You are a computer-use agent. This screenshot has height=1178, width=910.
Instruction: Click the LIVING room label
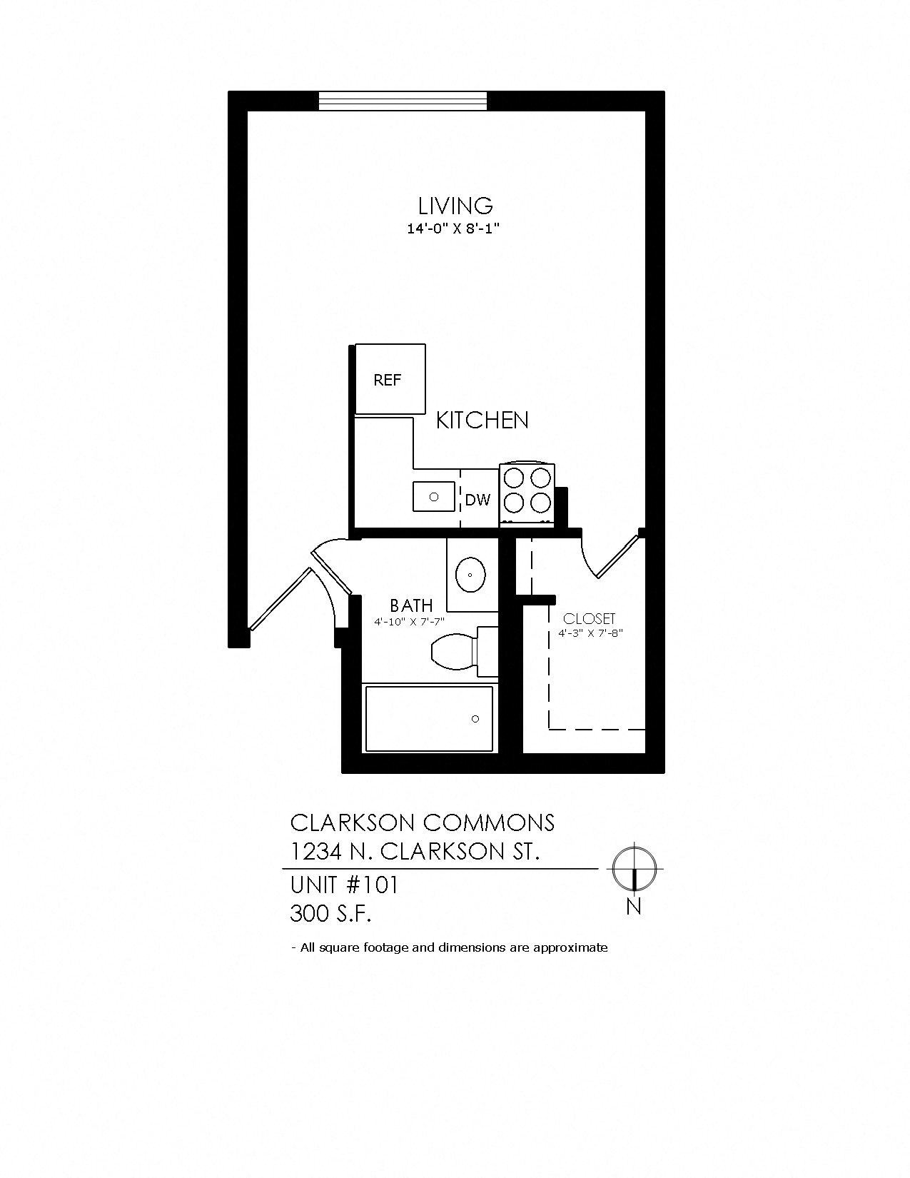click(x=455, y=206)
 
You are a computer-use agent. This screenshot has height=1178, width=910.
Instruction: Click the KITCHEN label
click(x=482, y=421)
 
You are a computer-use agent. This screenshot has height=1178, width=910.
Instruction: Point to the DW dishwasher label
click(x=477, y=500)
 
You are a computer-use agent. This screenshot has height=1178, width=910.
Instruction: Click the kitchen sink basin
click(x=433, y=496)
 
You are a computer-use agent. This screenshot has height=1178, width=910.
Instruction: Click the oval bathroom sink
click(x=471, y=573)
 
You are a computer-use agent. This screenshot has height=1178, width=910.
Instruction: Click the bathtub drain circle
click(x=475, y=719)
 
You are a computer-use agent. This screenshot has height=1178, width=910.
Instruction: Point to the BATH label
click(x=411, y=606)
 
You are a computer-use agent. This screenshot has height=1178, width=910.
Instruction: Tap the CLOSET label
click(x=589, y=619)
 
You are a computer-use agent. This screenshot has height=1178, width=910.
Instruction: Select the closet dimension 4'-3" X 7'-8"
click(x=591, y=633)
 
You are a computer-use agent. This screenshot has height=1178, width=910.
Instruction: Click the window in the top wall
click(x=403, y=101)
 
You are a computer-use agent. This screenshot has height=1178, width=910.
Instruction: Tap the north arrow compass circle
click(x=634, y=869)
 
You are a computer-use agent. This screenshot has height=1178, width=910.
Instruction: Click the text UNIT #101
click(x=343, y=885)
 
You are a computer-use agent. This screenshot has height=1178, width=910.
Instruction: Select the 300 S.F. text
click(x=330, y=913)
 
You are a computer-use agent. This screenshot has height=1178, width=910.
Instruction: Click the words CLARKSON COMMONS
click(x=422, y=823)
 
